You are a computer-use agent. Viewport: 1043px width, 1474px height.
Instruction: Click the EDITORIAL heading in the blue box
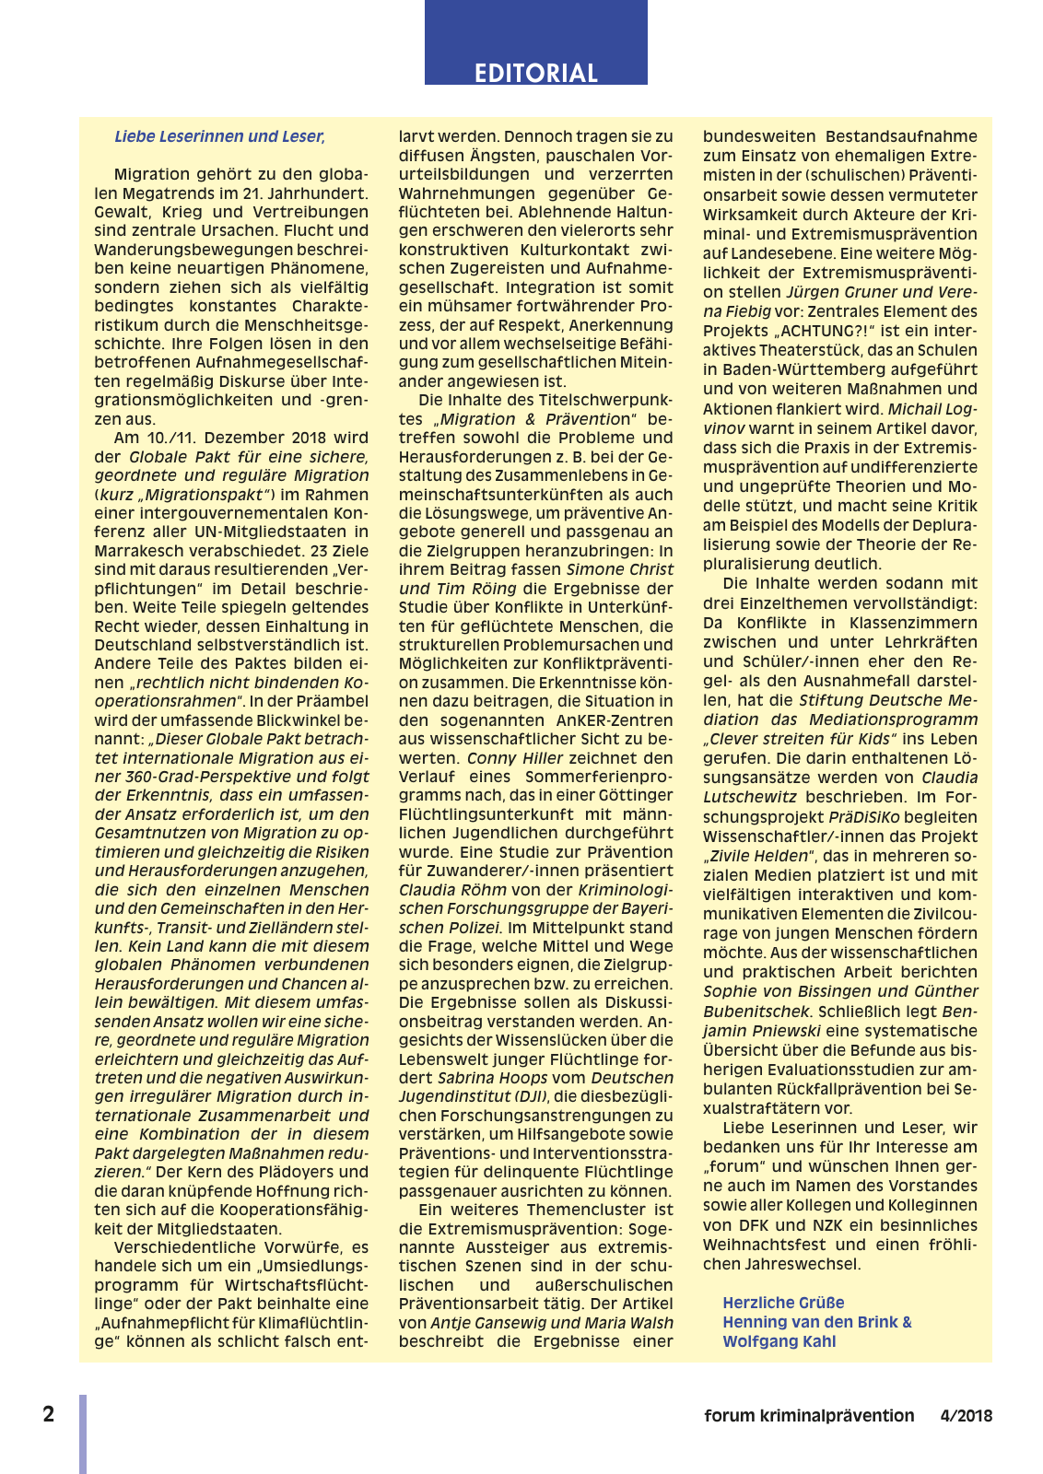(x=535, y=73)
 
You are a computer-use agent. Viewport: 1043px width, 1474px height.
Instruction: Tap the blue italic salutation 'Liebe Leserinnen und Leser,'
(x=219, y=136)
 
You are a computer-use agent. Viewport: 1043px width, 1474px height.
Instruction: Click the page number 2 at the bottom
(x=49, y=1414)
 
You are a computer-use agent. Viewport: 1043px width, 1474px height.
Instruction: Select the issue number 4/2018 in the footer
(x=966, y=1416)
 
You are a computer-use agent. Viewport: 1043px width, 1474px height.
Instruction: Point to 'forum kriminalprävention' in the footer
(x=809, y=1416)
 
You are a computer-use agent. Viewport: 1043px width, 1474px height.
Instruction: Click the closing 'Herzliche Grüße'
(x=783, y=1303)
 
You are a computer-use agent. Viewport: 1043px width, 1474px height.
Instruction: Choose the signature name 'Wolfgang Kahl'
(x=779, y=1341)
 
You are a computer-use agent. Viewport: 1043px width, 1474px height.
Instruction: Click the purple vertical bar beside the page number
(x=83, y=1433)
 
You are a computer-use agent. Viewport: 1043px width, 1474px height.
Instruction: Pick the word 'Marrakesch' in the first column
(x=141, y=551)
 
